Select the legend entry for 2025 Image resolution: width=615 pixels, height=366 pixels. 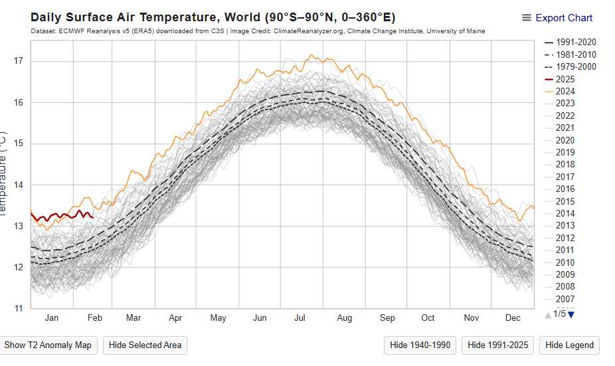(565, 79)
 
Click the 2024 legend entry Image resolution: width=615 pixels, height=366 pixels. (565, 91)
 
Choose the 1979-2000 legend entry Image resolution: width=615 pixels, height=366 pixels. (576, 67)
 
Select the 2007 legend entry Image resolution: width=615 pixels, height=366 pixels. (565, 299)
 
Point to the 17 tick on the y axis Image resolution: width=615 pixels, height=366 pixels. (18, 61)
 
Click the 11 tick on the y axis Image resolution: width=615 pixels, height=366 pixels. (18, 308)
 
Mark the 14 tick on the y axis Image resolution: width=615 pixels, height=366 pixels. (18, 185)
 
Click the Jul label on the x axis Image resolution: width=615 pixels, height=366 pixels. (300, 318)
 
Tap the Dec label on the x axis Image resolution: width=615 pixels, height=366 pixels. (513, 318)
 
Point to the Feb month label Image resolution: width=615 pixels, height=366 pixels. (94, 318)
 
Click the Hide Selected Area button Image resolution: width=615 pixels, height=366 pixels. (145, 345)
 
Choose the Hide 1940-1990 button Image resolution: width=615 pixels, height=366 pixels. (420, 345)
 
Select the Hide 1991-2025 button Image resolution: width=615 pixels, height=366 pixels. (497, 345)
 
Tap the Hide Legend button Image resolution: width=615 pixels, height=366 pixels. (569, 345)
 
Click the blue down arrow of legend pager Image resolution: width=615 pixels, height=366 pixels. (571, 314)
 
